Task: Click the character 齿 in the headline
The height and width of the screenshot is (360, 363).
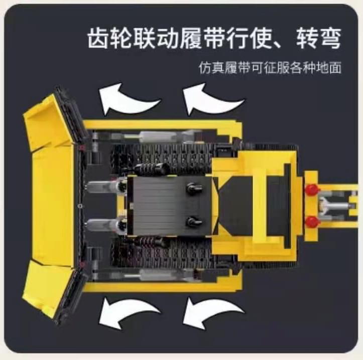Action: pos(98,38)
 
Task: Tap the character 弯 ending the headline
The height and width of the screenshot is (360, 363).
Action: pos(330,38)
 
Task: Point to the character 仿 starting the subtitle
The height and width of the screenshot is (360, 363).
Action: pos(205,68)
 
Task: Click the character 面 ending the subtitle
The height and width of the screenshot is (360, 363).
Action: pos(335,68)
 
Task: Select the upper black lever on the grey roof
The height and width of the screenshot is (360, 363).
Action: pos(194,189)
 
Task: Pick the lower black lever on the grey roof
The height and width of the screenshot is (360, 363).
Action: pos(194,221)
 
